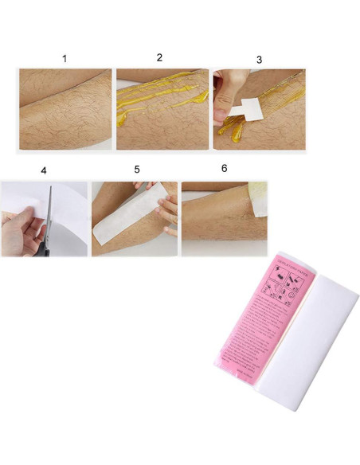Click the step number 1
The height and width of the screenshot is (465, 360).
(x=65, y=59)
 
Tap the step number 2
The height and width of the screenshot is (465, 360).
(x=159, y=57)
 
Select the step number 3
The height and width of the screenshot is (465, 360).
(x=259, y=60)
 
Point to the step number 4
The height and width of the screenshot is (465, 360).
(x=44, y=170)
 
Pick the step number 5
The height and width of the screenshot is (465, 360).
(x=136, y=170)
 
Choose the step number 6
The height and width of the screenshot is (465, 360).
(x=224, y=169)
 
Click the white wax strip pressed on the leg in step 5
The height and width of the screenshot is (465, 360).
(x=127, y=219)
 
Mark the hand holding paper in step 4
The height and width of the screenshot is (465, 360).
(x=18, y=231)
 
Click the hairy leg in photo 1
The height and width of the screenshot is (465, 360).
(x=65, y=111)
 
